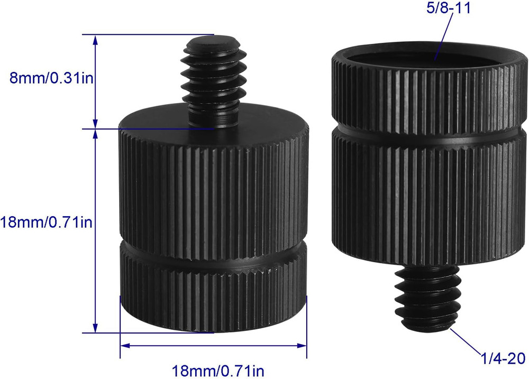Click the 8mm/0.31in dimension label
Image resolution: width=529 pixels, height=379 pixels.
[48, 78]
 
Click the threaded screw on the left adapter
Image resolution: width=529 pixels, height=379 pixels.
[213, 82]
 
